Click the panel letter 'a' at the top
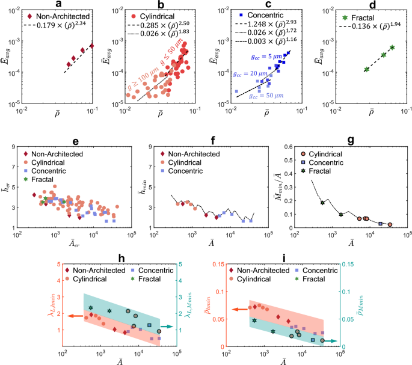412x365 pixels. (x=58, y=4)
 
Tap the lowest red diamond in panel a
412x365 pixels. (x=69, y=64)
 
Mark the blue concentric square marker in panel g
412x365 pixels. (x=381, y=223)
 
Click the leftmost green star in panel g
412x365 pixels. (x=322, y=203)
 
